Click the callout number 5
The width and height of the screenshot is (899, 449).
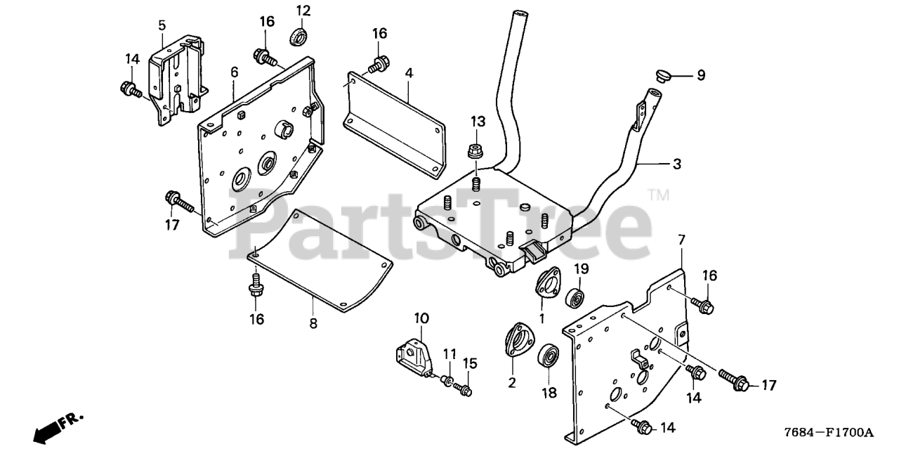[162, 25]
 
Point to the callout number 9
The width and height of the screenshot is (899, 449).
[700, 76]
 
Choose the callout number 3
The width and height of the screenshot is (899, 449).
[676, 164]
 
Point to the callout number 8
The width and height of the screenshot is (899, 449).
[313, 323]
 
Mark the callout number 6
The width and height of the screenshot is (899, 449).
[234, 72]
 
